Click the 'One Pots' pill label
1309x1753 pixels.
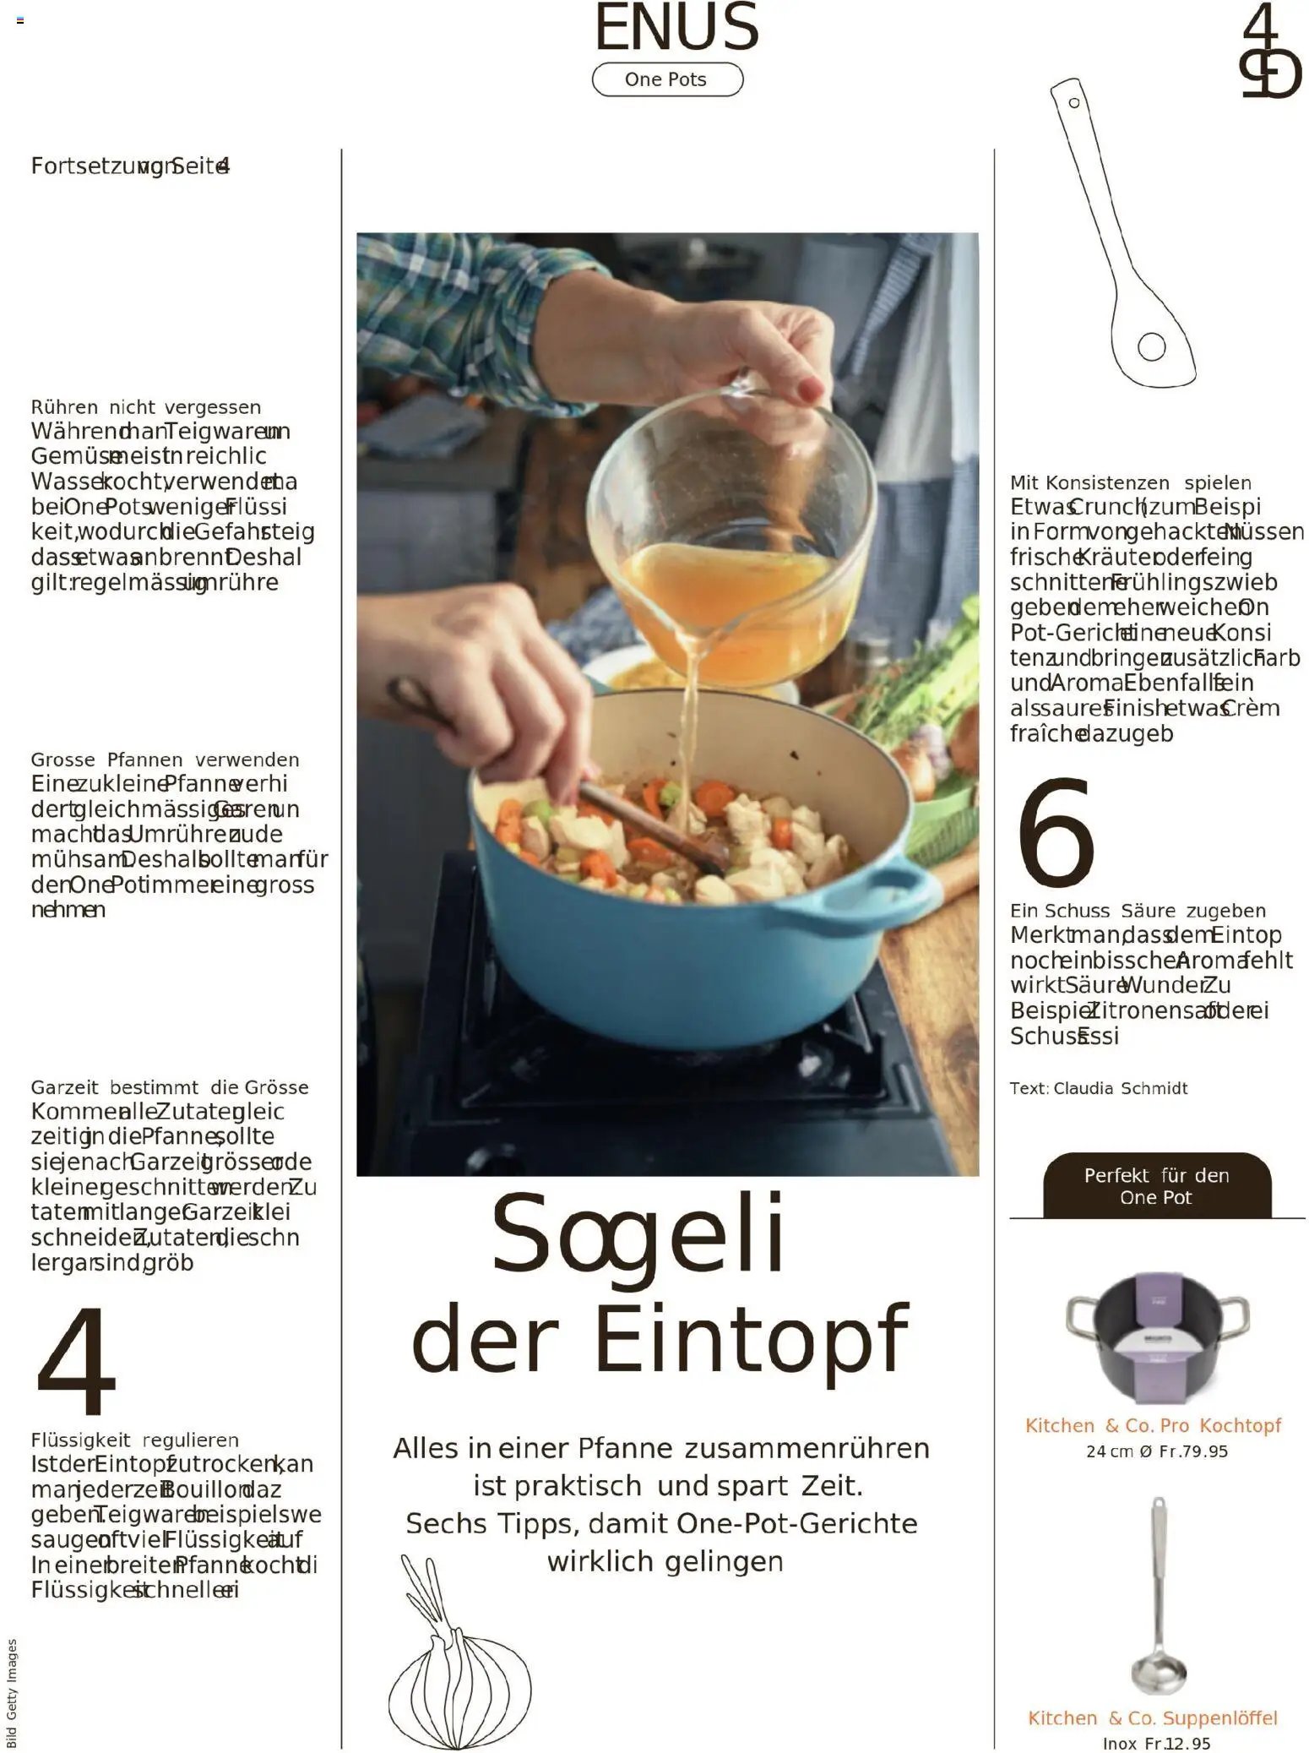[666, 79]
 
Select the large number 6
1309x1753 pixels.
[1056, 833]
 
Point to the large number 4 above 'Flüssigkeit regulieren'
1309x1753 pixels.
[75, 1361]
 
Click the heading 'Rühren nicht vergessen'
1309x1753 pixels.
[146, 407]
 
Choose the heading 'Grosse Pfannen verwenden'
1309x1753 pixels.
[165, 759]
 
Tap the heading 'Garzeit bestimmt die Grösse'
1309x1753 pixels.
[170, 1087]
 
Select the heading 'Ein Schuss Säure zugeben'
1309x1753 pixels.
[1138, 911]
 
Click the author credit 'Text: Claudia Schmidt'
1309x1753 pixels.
[1098, 1088]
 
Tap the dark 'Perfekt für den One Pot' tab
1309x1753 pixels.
[1156, 1186]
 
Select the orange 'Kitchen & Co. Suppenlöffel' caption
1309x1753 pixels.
[1152, 1718]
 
